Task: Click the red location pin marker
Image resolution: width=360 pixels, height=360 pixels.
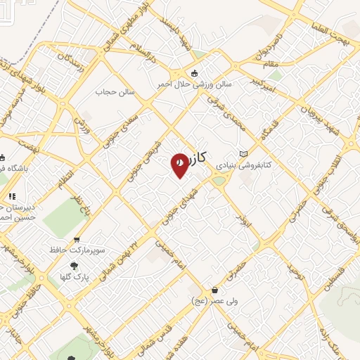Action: click(180, 165)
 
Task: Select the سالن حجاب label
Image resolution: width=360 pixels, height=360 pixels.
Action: click(114, 91)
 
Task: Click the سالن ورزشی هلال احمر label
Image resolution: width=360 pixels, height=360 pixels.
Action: click(195, 84)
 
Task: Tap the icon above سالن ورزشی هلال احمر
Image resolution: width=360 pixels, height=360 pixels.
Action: click(195, 73)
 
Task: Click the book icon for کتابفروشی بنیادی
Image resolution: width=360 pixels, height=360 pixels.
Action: click(243, 153)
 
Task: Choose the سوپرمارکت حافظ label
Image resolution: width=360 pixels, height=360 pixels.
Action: click(77, 250)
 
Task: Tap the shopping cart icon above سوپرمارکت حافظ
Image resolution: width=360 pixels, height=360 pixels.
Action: click(77, 239)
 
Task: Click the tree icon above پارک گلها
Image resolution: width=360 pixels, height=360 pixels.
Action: click(74, 266)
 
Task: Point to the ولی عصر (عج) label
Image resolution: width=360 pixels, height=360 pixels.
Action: click(214, 301)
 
